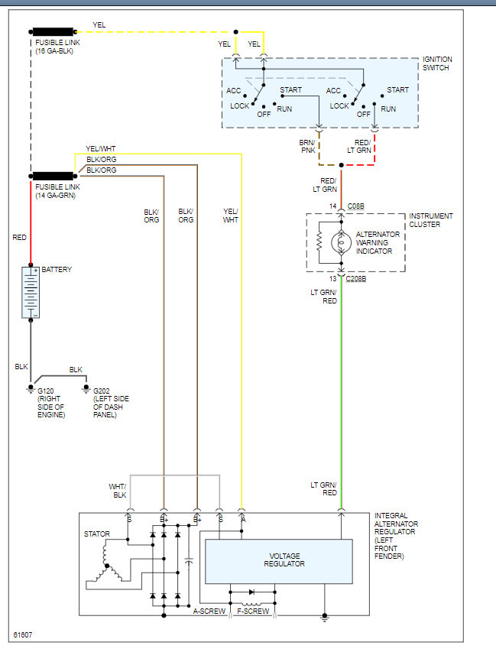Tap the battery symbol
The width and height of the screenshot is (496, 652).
pyautogui.click(x=31, y=292)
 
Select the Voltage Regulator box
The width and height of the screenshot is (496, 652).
pyautogui.click(x=279, y=560)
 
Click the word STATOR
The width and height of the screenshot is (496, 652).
pyautogui.click(x=96, y=534)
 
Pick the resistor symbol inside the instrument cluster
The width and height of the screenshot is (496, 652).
pyautogui.click(x=318, y=242)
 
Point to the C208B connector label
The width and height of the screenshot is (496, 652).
pyautogui.click(x=356, y=278)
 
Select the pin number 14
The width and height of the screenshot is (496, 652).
pyautogui.click(x=332, y=206)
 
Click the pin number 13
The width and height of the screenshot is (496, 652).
pyautogui.click(x=332, y=278)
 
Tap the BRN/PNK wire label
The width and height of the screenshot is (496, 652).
pyautogui.click(x=307, y=146)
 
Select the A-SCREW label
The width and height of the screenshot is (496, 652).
pyautogui.click(x=208, y=611)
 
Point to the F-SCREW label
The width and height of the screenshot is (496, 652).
pyautogui.click(x=253, y=611)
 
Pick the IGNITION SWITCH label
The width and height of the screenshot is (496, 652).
pyautogui.click(x=436, y=63)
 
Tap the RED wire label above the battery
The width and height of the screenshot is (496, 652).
pyautogui.click(x=20, y=238)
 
